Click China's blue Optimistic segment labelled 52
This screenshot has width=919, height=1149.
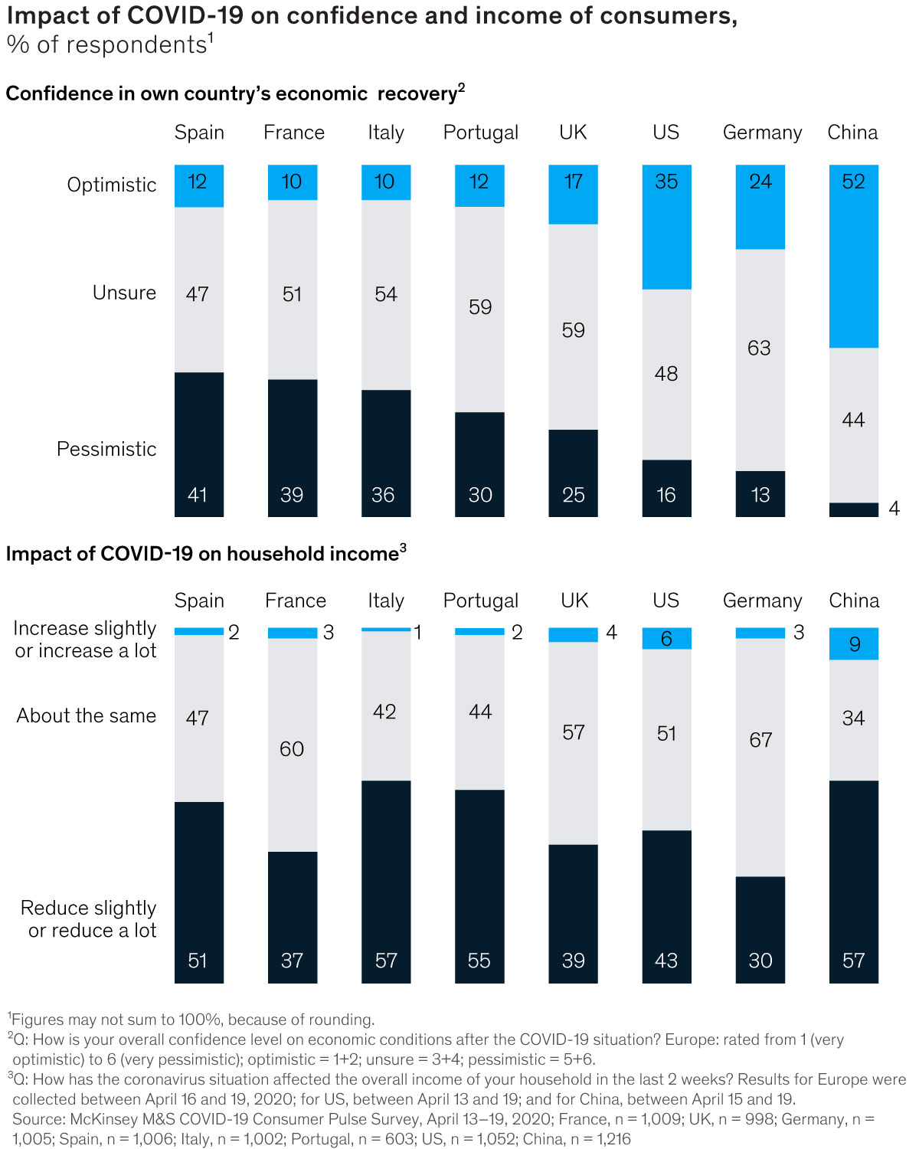click(x=853, y=256)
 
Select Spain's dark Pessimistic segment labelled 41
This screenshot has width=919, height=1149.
click(x=199, y=444)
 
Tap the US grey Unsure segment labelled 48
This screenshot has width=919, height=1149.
click(x=666, y=374)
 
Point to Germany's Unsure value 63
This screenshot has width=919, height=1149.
click(x=759, y=349)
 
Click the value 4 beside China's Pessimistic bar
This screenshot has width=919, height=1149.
click(x=894, y=509)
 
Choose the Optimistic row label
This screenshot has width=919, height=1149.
click(x=112, y=185)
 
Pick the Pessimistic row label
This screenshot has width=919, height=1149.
click(x=106, y=449)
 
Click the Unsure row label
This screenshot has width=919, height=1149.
click(x=124, y=293)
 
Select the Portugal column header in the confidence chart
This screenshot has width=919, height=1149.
click(x=480, y=133)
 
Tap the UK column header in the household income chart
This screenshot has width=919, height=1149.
click(x=574, y=601)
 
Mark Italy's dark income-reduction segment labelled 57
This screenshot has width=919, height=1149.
click(x=386, y=881)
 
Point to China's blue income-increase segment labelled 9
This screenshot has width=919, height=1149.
click(x=853, y=643)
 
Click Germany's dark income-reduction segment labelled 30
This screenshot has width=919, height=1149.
click(x=760, y=929)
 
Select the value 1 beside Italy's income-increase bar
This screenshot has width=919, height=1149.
click(x=418, y=633)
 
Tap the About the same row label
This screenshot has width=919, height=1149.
click(x=87, y=715)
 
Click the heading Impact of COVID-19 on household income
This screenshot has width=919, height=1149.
click(x=202, y=554)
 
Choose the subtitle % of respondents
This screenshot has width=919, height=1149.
click(x=106, y=45)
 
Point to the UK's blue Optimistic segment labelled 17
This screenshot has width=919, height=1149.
click(x=573, y=194)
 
